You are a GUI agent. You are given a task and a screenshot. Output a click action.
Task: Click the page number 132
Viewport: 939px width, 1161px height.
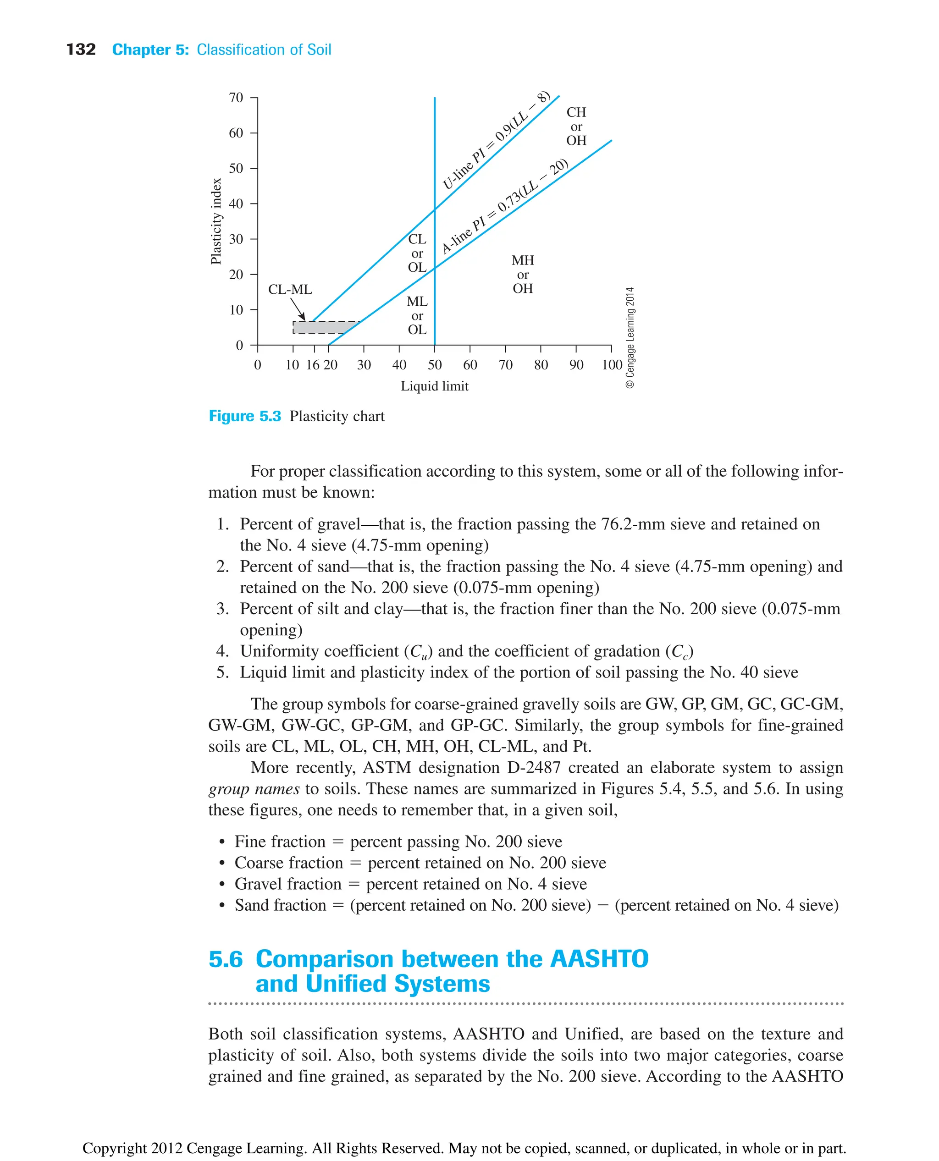pyautogui.click(x=81, y=50)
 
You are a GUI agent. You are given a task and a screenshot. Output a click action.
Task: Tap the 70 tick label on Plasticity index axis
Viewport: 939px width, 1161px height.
pyautogui.click(x=236, y=98)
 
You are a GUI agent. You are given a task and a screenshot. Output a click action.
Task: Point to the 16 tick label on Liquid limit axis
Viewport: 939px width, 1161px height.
pyautogui.click(x=313, y=365)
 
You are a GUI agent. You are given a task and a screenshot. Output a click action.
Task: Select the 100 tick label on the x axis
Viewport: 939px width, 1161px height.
pyautogui.click(x=612, y=365)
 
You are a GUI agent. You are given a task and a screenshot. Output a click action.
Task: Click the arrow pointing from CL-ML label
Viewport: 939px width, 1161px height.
pyautogui.click(x=298, y=310)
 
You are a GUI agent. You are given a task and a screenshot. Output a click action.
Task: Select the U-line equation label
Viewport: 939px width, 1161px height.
pyautogui.click(x=496, y=142)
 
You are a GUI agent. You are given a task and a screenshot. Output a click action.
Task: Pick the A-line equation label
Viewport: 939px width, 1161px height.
pyautogui.click(x=504, y=207)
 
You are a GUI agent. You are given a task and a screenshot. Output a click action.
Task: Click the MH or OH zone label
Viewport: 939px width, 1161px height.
pyautogui.click(x=523, y=275)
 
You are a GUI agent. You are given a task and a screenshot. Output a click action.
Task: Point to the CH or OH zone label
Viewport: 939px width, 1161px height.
pyautogui.click(x=576, y=127)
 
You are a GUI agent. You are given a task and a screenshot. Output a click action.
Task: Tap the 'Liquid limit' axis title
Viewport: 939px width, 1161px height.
pyautogui.click(x=434, y=386)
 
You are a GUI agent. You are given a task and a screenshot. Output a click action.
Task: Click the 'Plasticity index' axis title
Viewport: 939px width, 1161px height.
pyautogui.click(x=216, y=221)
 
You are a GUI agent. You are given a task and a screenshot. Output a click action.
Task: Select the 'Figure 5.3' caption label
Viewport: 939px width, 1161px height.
pyautogui.click(x=245, y=416)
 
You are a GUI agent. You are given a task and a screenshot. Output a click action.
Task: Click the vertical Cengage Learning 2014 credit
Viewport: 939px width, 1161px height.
pyautogui.click(x=630, y=337)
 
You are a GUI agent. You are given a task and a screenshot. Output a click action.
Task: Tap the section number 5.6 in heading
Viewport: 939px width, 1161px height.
pyautogui.click(x=226, y=959)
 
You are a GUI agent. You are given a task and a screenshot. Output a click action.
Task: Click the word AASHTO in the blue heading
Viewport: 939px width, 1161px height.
pyautogui.click(x=599, y=959)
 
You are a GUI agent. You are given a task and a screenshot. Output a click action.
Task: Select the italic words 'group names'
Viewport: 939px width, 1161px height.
pyautogui.click(x=254, y=789)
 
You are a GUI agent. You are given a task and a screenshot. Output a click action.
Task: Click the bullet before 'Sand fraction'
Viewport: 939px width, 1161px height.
pyautogui.click(x=222, y=906)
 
